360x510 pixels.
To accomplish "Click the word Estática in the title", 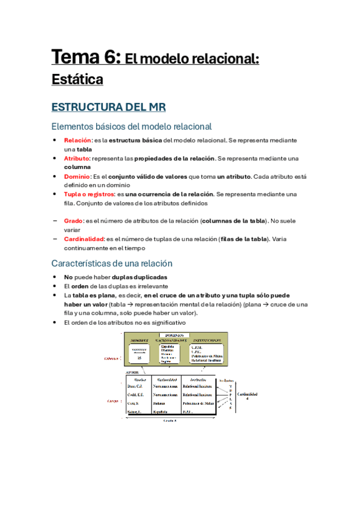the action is pyautogui.click(x=78, y=79).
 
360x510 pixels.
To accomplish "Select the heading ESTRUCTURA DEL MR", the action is pyautogui.click(x=108, y=107).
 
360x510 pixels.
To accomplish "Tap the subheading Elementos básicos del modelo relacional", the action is pyautogui.click(x=132, y=126).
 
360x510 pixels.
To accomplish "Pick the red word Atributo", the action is pyautogui.click(x=76, y=159).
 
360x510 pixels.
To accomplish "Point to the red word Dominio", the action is pyautogui.click(x=76, y=177).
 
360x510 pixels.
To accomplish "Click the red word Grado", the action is pyautogui.click(x=73, y=221).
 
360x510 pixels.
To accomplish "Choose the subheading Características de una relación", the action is pyautogui.click(x=112, y=263).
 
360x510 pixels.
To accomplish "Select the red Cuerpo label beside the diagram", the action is pyautogui.click(x=112, y=400).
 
